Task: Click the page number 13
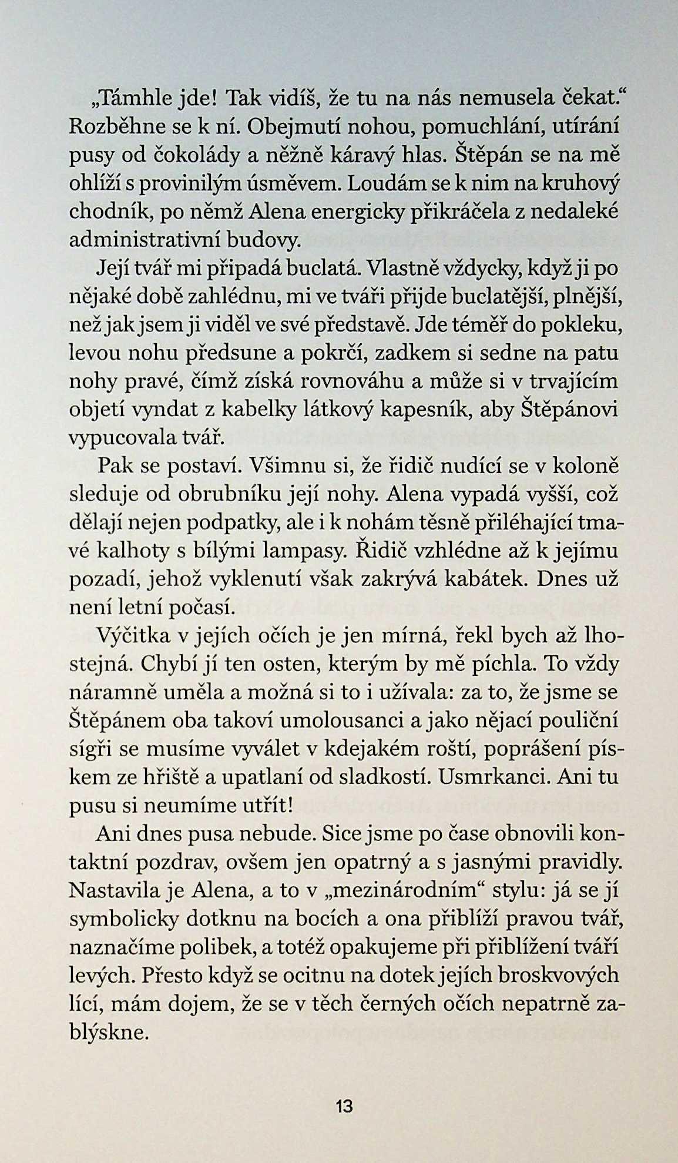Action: (344, 1107)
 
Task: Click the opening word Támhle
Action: (136, 98)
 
